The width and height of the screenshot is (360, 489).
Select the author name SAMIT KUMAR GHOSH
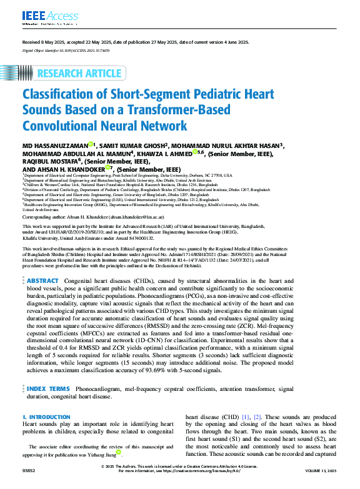(130, 145)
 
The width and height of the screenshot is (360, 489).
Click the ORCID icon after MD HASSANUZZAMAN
(91, 145)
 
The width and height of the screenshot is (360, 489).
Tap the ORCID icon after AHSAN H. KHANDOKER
(107, 168)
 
